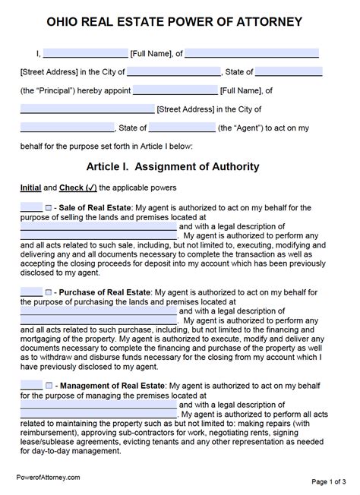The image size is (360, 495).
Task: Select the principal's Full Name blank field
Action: click(x=85, y=54)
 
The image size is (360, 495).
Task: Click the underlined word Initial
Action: click(x=30, y=187)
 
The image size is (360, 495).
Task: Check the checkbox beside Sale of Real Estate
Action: click(x=49, y=207)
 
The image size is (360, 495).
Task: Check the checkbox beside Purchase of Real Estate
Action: click(x=49, y=291)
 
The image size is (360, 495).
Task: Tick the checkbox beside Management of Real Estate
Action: click(x=49, y=364)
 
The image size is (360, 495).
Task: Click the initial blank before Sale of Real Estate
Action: click(x=31, y=207)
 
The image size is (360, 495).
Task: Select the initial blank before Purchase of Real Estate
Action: click(x=31, y=291)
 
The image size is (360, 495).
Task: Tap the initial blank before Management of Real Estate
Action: click(x=31, y=364)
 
